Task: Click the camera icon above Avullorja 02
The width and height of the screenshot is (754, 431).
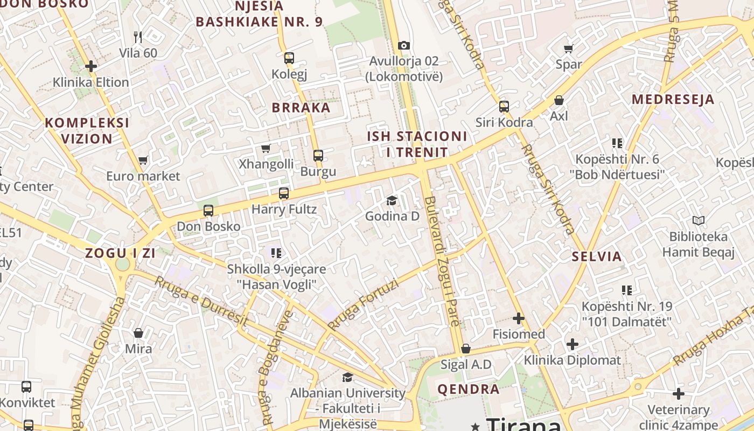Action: point(403,45)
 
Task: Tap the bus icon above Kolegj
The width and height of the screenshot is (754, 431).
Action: point(289,58)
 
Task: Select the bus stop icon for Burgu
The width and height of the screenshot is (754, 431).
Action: point(318,156)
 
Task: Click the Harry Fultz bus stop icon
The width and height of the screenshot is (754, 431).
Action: point(284,193)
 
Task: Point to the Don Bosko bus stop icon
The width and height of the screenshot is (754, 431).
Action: point(208,211)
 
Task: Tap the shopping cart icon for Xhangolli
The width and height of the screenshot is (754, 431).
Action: point(266,148)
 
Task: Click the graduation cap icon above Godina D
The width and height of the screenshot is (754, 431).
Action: point(392,200)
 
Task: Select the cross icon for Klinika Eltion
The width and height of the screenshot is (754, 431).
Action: point(91,66)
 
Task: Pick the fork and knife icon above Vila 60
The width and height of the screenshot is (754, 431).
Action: point(138,37)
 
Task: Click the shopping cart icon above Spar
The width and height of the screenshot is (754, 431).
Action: point(569,48)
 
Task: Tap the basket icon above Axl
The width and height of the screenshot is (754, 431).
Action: point(559,100)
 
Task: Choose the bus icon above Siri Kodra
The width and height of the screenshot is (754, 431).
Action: point(504,106)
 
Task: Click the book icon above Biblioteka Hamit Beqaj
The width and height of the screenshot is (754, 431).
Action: point(699,220)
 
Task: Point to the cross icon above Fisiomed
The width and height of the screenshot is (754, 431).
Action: point(519,318)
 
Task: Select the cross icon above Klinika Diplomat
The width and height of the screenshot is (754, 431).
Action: point(573,344)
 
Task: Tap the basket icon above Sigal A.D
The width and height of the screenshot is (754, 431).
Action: point(466,349)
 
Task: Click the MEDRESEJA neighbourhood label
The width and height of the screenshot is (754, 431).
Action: point(673,99)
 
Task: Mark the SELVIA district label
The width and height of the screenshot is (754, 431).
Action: point(597,256)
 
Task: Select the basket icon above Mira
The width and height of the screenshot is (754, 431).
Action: point(138,333)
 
